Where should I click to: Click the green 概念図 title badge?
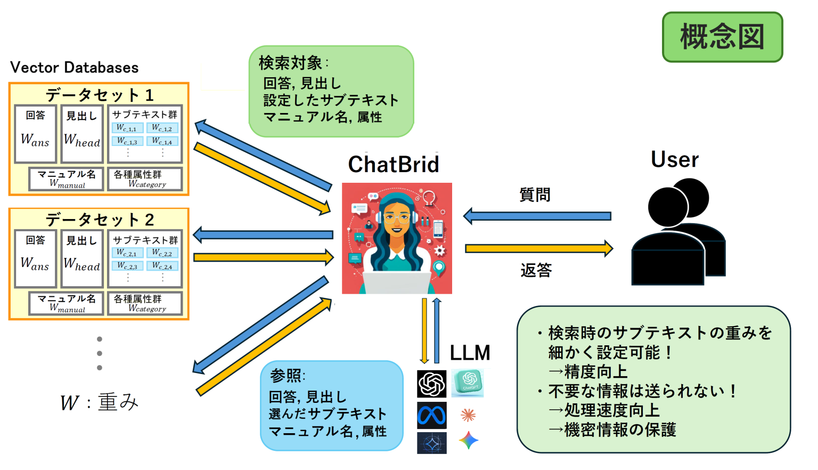(722, 37)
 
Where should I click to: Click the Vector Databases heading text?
(75, 68)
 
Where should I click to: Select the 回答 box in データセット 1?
(36, 134)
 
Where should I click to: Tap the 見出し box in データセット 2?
(81, 258)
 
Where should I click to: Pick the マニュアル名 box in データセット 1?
(67, 179)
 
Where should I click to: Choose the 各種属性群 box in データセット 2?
(145, 303)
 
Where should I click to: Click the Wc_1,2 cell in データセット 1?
(162, 128)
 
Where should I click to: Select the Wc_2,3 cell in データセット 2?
(127, 265)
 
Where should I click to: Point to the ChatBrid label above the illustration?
(394, 164)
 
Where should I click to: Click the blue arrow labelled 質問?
(538, 216)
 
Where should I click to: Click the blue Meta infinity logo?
(431, 415)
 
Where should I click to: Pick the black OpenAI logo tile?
(431, 384)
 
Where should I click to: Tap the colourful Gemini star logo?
(468, 441)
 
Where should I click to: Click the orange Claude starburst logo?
(468, 415)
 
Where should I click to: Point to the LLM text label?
(470, 353)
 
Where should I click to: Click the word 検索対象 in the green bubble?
(290, 63)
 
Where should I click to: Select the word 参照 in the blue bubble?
(285, 376)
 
